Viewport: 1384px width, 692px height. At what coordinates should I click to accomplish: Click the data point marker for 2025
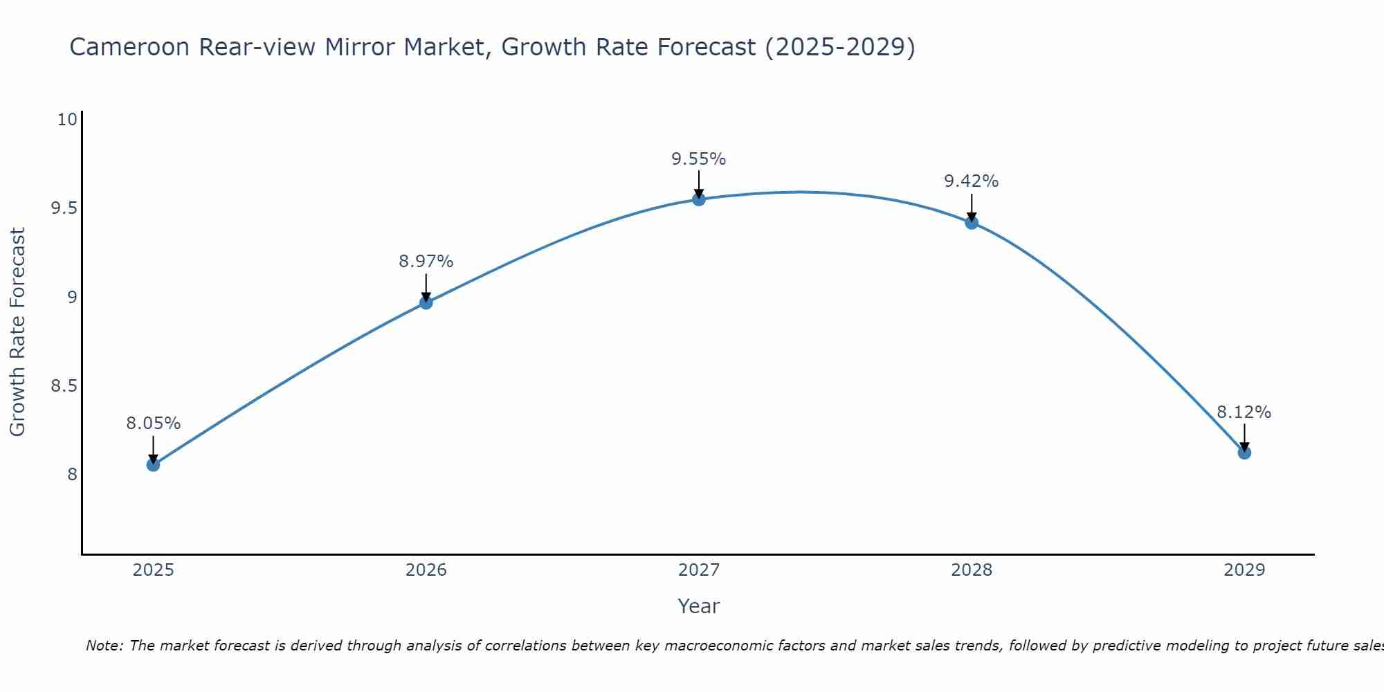coord(153,464)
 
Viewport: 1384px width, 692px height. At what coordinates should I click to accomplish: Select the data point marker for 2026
coord(426,302)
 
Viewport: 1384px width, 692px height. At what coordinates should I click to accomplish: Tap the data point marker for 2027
coord(699,199)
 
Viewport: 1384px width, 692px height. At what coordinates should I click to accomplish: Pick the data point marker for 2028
coord(972,222)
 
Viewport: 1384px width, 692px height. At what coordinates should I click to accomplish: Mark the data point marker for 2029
coord(1244,453)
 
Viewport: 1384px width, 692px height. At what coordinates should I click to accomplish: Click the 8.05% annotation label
coord(153,424)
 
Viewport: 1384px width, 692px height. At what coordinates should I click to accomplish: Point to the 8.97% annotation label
coord(426,262)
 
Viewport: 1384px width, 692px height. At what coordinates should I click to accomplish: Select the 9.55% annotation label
coord(699,159)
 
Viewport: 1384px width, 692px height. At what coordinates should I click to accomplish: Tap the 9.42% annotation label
coord(972,181)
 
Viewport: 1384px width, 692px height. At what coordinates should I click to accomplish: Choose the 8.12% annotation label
coord(1244,412)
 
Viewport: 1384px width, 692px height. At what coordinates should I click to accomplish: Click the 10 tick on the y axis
coord(67,120)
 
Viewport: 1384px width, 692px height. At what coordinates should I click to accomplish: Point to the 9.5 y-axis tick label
coord(64,208)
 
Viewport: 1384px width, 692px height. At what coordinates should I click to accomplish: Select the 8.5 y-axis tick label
coord(64,385)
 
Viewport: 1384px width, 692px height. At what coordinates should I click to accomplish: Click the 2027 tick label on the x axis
coord(699,570)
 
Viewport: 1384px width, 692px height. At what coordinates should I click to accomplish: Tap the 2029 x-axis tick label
coord(1244,570)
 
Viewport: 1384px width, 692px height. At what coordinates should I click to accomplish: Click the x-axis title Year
coord(699,606)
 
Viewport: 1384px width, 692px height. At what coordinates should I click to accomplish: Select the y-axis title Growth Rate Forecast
coord(17,332)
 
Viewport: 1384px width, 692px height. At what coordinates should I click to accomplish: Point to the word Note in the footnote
coord(104,646)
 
